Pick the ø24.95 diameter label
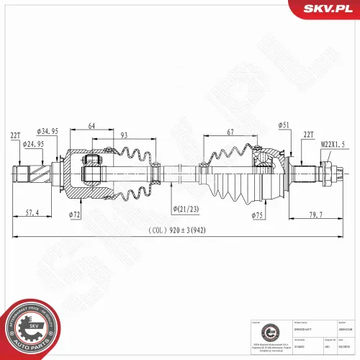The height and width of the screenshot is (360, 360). click(x=33, y=144)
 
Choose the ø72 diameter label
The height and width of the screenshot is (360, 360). click(x=75, y=215)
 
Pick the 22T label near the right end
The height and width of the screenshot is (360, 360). click(x=310, y=135)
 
